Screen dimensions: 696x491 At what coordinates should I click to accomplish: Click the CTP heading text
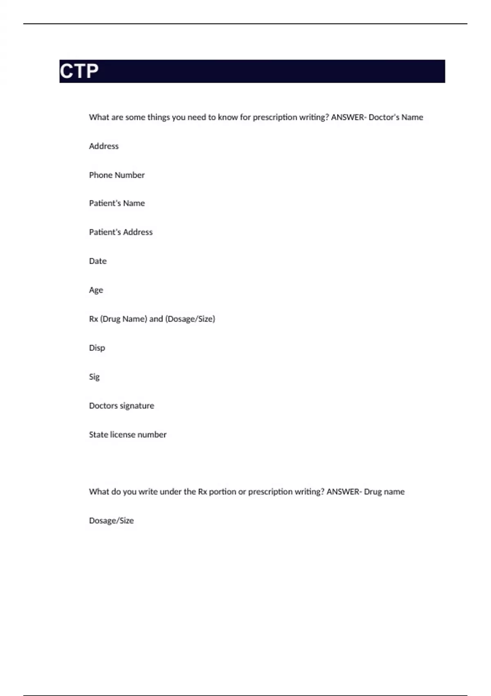79,71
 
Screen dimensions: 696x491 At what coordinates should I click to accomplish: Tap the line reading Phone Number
117,175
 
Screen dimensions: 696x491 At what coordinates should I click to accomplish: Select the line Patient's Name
117,203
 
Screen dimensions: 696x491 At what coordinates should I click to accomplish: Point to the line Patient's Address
121,232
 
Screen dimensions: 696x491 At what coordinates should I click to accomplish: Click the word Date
98,261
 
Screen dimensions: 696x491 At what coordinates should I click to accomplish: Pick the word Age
96,290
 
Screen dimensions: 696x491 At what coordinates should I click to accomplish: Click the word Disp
97,348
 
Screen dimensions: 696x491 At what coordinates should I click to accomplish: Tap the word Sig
94,377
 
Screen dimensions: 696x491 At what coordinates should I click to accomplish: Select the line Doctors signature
122,406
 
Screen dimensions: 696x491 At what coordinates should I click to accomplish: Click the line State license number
128,435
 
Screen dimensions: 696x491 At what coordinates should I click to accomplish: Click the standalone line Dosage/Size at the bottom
111,521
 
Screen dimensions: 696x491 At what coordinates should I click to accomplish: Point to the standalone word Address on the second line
104,146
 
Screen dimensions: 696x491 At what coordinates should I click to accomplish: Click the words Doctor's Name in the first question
396,118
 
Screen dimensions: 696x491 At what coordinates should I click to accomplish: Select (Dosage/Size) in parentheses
190,319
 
